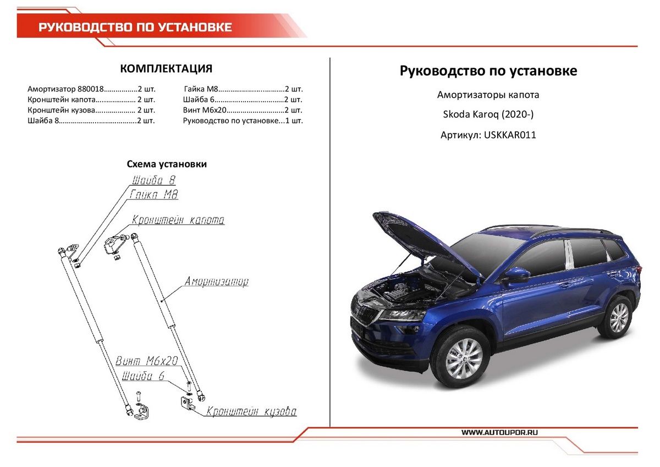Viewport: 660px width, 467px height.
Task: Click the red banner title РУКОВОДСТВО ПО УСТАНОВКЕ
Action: (x=134, y=28)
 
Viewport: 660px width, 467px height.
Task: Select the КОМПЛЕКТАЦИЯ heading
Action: (x=166, y=68)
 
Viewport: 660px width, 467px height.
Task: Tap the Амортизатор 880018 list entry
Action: (x=91, y=89)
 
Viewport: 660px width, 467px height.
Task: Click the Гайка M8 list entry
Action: (x=243, y=89)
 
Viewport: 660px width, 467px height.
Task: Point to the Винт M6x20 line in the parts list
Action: (x=243, y=110)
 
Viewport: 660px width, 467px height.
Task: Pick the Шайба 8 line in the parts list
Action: (x=91, y=120)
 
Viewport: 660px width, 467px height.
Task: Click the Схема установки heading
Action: (x=167, y=164)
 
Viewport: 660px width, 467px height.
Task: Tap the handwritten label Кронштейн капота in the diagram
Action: (x=178, y=220)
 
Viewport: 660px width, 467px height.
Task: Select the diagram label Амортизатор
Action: (x=216, y=282)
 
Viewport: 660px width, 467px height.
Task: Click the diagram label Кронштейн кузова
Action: (x=251, y=412)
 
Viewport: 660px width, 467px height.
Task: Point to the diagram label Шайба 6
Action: (x=144, y=376)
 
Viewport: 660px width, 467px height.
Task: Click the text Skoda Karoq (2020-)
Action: (x=488, y=115)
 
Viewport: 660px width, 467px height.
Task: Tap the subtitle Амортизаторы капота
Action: (x=488, y=95)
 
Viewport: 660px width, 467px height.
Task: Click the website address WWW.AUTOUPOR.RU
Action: (x=499, y=433)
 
